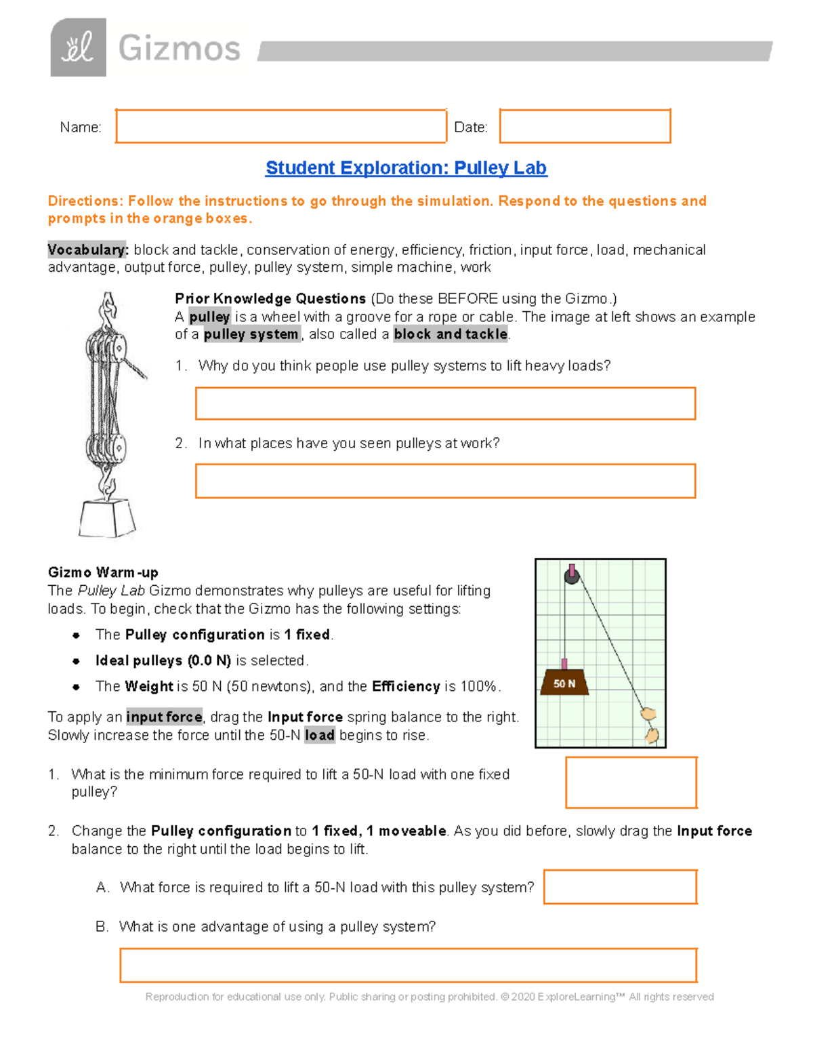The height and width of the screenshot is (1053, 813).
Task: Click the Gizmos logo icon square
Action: point(78,47)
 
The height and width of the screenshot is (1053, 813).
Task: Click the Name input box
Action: point(280,126)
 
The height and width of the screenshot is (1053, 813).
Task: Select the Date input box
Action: point(585,126)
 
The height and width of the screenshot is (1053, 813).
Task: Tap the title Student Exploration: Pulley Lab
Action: point(406,167)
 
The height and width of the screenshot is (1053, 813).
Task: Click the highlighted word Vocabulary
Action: point(87,250)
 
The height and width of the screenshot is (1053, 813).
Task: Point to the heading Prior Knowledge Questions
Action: point(270,298)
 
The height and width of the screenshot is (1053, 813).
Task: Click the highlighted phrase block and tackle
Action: point(451,334)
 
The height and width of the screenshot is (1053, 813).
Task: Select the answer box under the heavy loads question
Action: point(445,403)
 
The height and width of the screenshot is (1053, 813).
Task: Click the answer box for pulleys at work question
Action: point(445,481)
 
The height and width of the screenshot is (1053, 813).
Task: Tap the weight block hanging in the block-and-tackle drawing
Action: point(107,519)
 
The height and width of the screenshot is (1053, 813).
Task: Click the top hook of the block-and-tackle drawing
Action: point(108,309)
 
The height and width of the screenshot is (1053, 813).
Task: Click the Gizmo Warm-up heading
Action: point(103,572)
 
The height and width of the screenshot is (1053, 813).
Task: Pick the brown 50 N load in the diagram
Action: point(564,683)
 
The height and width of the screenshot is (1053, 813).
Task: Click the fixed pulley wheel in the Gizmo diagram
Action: point(572,576)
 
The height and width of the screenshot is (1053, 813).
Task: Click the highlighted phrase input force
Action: point(164,717)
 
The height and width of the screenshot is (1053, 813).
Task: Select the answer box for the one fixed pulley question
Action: point(631,782)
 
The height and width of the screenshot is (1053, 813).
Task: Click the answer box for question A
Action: point(620,887)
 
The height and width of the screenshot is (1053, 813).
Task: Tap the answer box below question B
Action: point(408,965)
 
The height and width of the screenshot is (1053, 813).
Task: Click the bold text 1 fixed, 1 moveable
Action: point(379,831)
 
